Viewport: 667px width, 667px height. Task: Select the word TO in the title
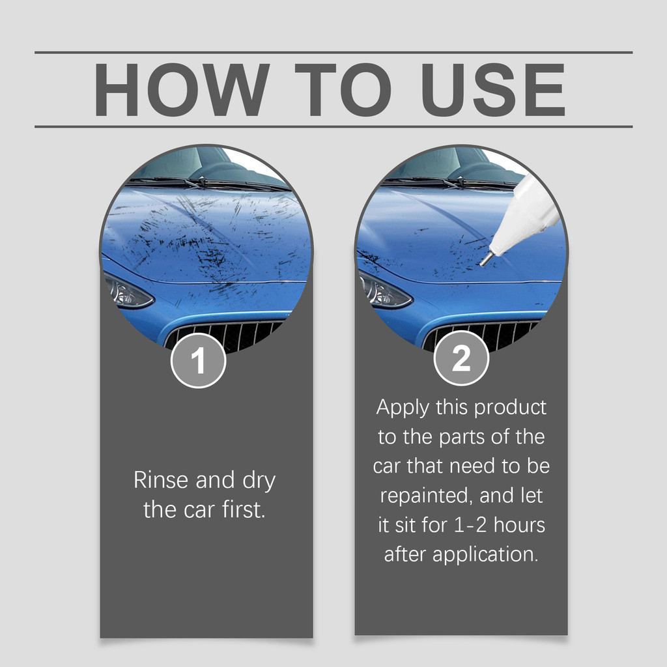[x=343, y=90]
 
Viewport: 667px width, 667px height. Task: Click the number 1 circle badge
[x=198, y=360]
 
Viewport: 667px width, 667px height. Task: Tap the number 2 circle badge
[x=461, y=358]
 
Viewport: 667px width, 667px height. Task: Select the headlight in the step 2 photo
[x=384, y=291]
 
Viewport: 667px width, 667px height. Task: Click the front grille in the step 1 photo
[x=225, y=335]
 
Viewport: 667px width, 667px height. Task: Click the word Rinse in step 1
[x=161, y=480]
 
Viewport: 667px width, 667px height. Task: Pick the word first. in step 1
[x=244, y=509]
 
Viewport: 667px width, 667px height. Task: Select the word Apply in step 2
[x=403, y=408]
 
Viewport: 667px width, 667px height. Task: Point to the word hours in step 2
[x=519, y=525]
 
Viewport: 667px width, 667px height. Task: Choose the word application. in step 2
[x=485, y=555]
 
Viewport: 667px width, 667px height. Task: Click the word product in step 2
[x=510, y=408]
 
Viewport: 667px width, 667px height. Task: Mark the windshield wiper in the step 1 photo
[x=200, y=182]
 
